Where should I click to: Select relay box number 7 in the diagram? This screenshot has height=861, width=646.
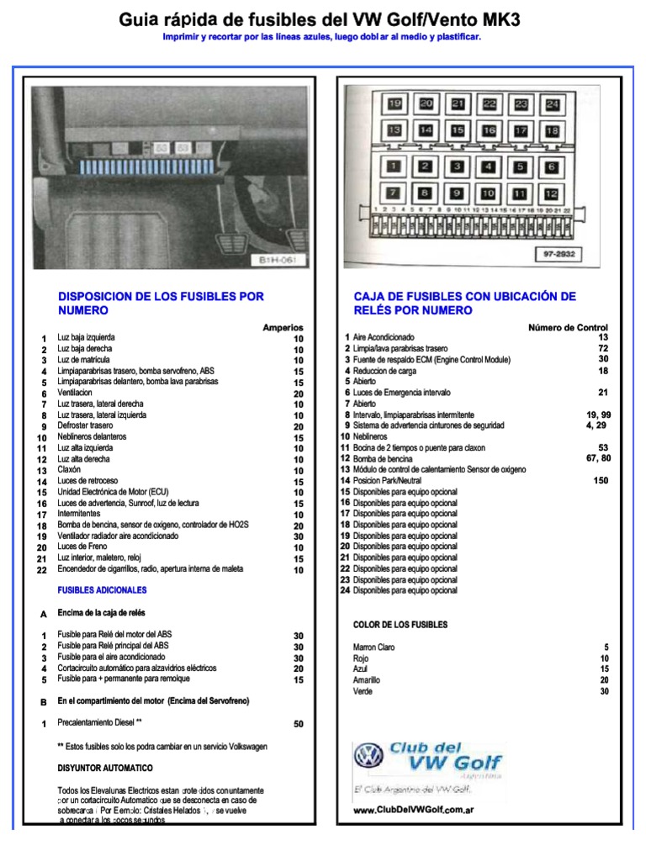click(393, 193)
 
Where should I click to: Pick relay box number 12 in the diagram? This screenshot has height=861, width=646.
click(551, 193)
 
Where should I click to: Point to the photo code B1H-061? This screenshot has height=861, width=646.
click(278, 260)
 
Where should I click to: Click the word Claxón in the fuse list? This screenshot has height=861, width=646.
click(70, 470)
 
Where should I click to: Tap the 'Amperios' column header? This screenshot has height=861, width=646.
click(283, 327)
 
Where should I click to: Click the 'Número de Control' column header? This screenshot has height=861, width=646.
click(568, 327)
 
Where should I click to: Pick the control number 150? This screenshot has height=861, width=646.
click(600, 481)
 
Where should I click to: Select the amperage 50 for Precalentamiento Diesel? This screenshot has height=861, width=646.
click(298, 723)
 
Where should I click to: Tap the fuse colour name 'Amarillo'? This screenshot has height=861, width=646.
click(367, 679)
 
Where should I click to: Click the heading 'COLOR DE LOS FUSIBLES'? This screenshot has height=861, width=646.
click(400, 625)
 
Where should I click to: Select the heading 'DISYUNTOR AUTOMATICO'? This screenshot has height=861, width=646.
click(105, 768)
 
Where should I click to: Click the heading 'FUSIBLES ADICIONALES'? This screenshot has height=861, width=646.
click(102, 590)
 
